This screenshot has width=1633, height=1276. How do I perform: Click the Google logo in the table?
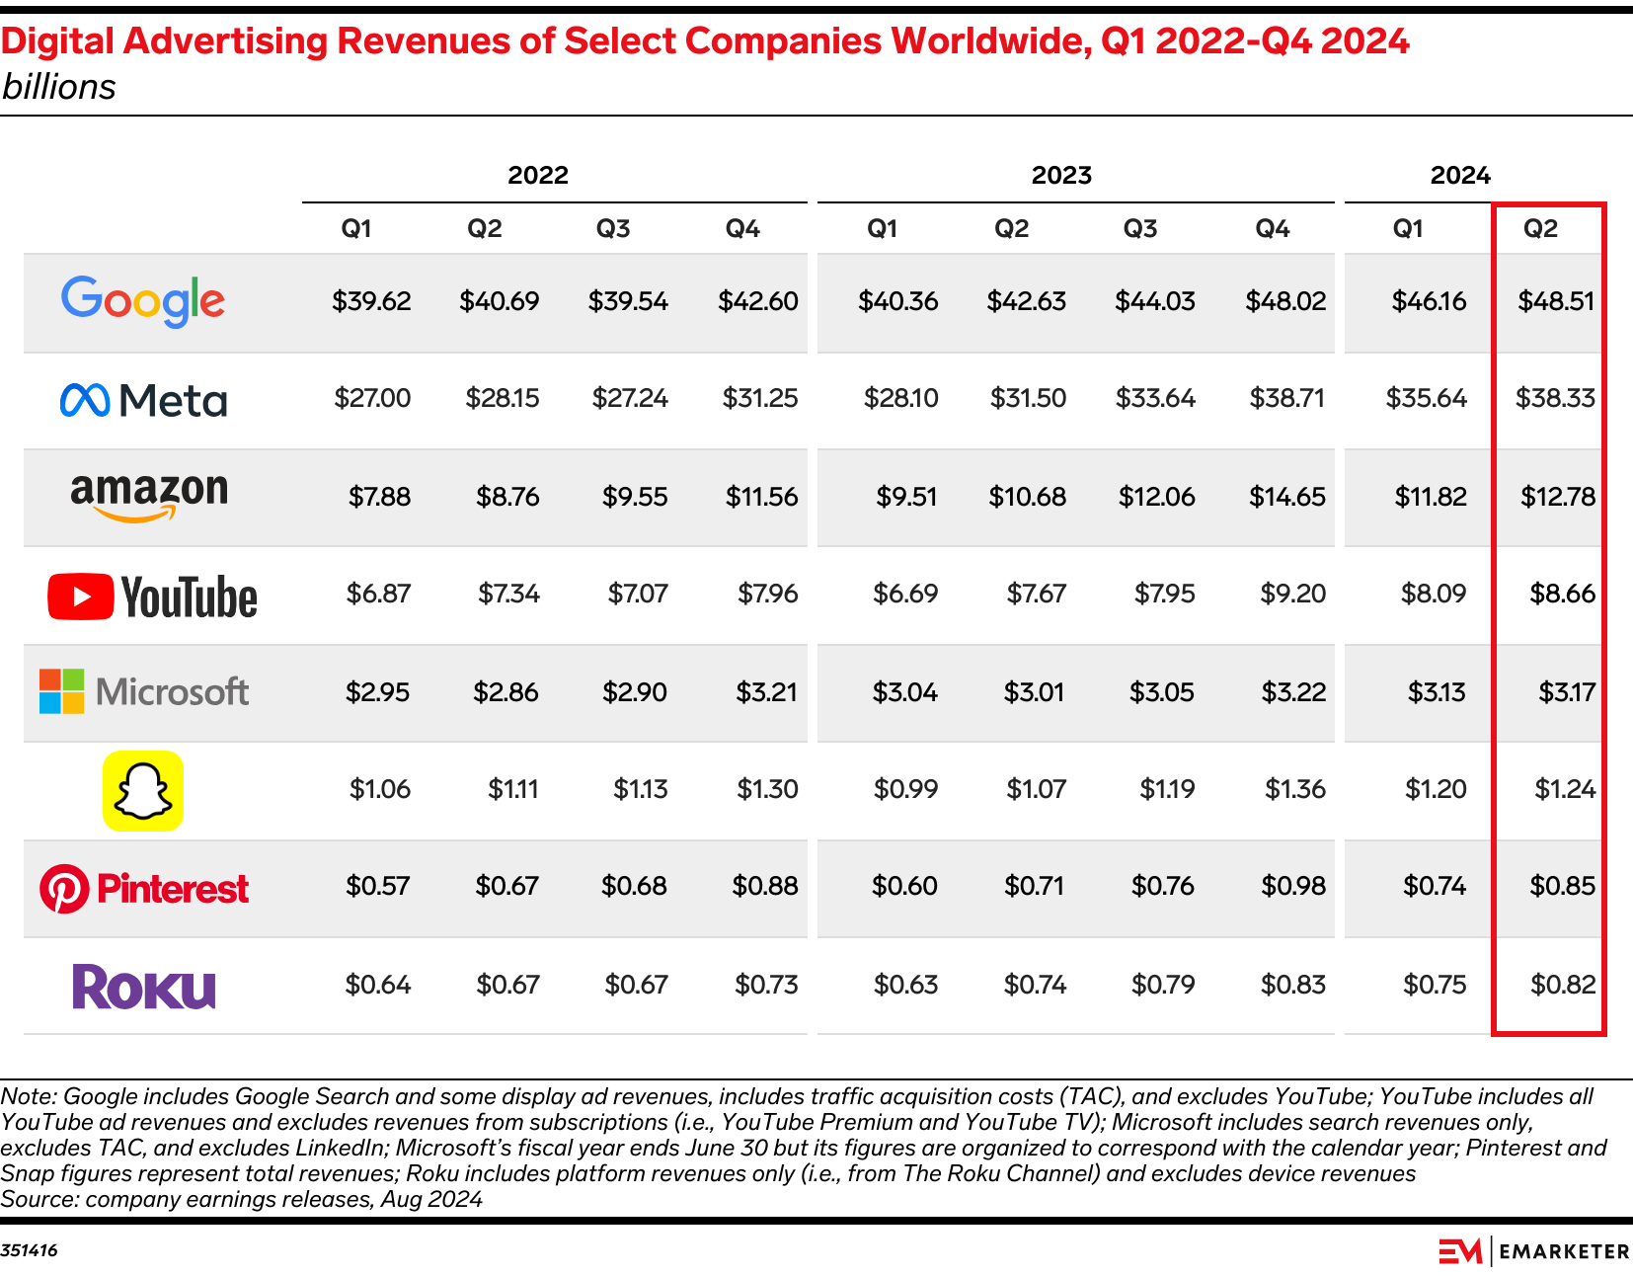(143, 300)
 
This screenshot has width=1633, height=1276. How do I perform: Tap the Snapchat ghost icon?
(143, 790)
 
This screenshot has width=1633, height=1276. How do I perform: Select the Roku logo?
(144, 986)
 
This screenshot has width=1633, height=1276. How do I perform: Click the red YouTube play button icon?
(80, 597)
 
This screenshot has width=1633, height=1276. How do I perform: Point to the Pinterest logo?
(144, 888)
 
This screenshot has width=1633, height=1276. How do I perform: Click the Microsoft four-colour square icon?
(61, 691)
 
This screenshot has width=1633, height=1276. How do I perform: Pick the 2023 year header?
(1061, 176)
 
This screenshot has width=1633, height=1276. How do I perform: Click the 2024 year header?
(1460, 176)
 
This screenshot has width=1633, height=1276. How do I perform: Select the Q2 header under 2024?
(1540, 229)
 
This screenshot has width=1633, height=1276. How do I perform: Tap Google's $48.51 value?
(1556, 301)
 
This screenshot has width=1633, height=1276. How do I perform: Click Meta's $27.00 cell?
(372, 398)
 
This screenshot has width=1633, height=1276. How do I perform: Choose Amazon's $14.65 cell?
(1287, 496)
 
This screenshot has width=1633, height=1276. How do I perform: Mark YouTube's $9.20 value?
(1292, 594)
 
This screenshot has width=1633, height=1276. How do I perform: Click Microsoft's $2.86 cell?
(505, 692)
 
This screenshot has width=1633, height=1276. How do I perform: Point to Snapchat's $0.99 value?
(905, 789)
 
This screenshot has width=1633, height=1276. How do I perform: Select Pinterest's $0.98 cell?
(1293, 886)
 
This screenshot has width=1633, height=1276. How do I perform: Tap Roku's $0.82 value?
(1563, 985)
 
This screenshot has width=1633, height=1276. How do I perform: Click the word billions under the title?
(59, 87)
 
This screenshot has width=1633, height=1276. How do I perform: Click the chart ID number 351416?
(30, 1250)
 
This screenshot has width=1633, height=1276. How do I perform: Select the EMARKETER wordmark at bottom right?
(1564, 1251)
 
